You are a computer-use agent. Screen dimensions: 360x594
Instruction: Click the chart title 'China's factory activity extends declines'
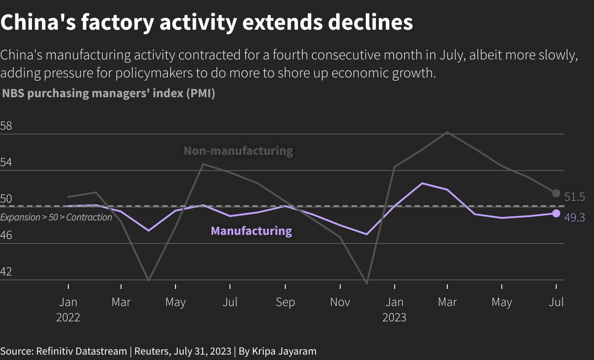point(207,22)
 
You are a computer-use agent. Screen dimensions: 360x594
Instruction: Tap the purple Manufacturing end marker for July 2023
point(556,213)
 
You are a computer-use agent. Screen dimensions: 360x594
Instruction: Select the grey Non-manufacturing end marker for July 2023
point(556,193)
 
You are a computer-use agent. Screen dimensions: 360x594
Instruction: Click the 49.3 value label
point(574,218)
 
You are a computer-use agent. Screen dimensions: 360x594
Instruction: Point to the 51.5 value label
point(574,197)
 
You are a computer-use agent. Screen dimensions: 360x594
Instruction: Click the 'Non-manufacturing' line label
point(238,151)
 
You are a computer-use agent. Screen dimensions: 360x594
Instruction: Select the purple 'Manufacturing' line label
point(251,231)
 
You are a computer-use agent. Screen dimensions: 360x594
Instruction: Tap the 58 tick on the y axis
point(6,126)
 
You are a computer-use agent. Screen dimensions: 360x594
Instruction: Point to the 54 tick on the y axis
point(6,162)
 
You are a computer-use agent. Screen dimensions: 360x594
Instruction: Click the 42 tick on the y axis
point(6,272)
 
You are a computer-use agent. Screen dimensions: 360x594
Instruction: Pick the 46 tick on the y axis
point(6,235)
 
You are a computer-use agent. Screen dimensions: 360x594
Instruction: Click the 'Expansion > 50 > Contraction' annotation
point(56,217)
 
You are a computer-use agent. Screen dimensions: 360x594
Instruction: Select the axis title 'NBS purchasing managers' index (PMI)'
point(108,94)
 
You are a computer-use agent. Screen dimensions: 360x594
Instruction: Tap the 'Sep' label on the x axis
point(285,302)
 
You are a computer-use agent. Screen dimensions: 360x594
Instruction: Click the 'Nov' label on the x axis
point(340,302)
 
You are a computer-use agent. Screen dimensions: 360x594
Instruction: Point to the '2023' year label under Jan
point(394,317)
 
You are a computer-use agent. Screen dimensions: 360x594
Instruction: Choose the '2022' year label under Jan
point(68,317)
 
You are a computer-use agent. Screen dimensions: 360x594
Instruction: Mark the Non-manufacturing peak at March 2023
point(447,132)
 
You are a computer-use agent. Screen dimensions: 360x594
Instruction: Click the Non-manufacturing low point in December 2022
point(367,283)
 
